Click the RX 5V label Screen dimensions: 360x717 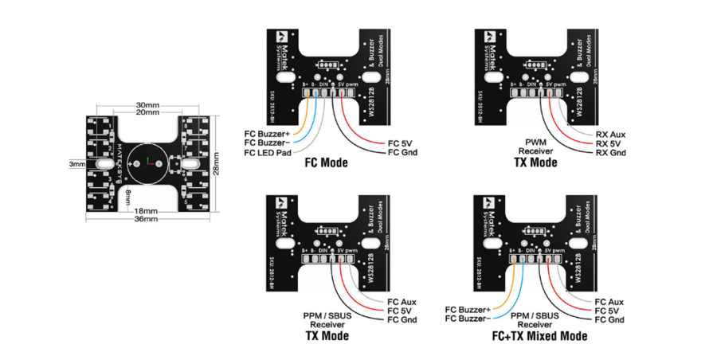pos(609,143)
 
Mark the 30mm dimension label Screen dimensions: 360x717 pos(147,104)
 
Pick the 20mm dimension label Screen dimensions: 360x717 pos(147,113)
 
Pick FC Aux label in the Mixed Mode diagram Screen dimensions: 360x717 pos(609,301)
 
